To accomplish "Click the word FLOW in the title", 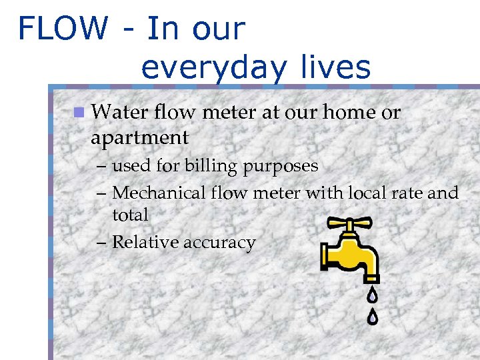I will coord(63,29).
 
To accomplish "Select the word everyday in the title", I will coord(213,68).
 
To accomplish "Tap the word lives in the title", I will coord(334,67).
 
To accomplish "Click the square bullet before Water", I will coord(79,112).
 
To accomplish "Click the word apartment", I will coord(140,138).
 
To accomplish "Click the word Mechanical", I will coord(159,193).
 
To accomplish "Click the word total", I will coord(130,215).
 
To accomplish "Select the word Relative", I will coord(142,242).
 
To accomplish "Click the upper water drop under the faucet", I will coord(372,293).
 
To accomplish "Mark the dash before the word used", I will coord(102,165).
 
